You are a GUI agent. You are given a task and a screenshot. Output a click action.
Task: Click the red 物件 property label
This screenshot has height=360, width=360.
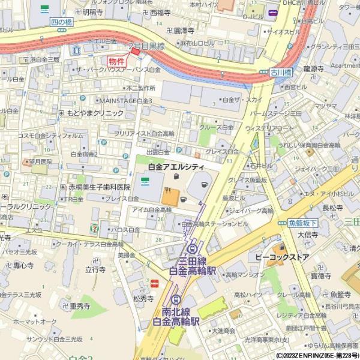pos(117,61)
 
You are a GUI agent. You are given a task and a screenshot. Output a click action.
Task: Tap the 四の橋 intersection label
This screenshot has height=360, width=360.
pos(62,22)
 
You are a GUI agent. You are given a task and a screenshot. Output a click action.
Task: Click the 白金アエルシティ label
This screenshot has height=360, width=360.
pos(176,166)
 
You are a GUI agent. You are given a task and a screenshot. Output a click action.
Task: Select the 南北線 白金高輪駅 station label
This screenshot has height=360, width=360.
pos(175,316)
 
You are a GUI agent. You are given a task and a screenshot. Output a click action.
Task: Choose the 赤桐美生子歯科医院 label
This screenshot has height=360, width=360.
pos(98,188)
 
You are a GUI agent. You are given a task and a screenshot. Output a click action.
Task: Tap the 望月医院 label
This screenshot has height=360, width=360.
pos(39,162)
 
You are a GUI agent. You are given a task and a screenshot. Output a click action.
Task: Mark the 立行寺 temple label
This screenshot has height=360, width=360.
pos(95,270)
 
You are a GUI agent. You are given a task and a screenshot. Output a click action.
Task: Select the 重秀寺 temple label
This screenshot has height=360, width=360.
pos(80,306)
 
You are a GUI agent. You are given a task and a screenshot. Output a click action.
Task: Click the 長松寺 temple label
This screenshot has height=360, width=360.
pos(333,208)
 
